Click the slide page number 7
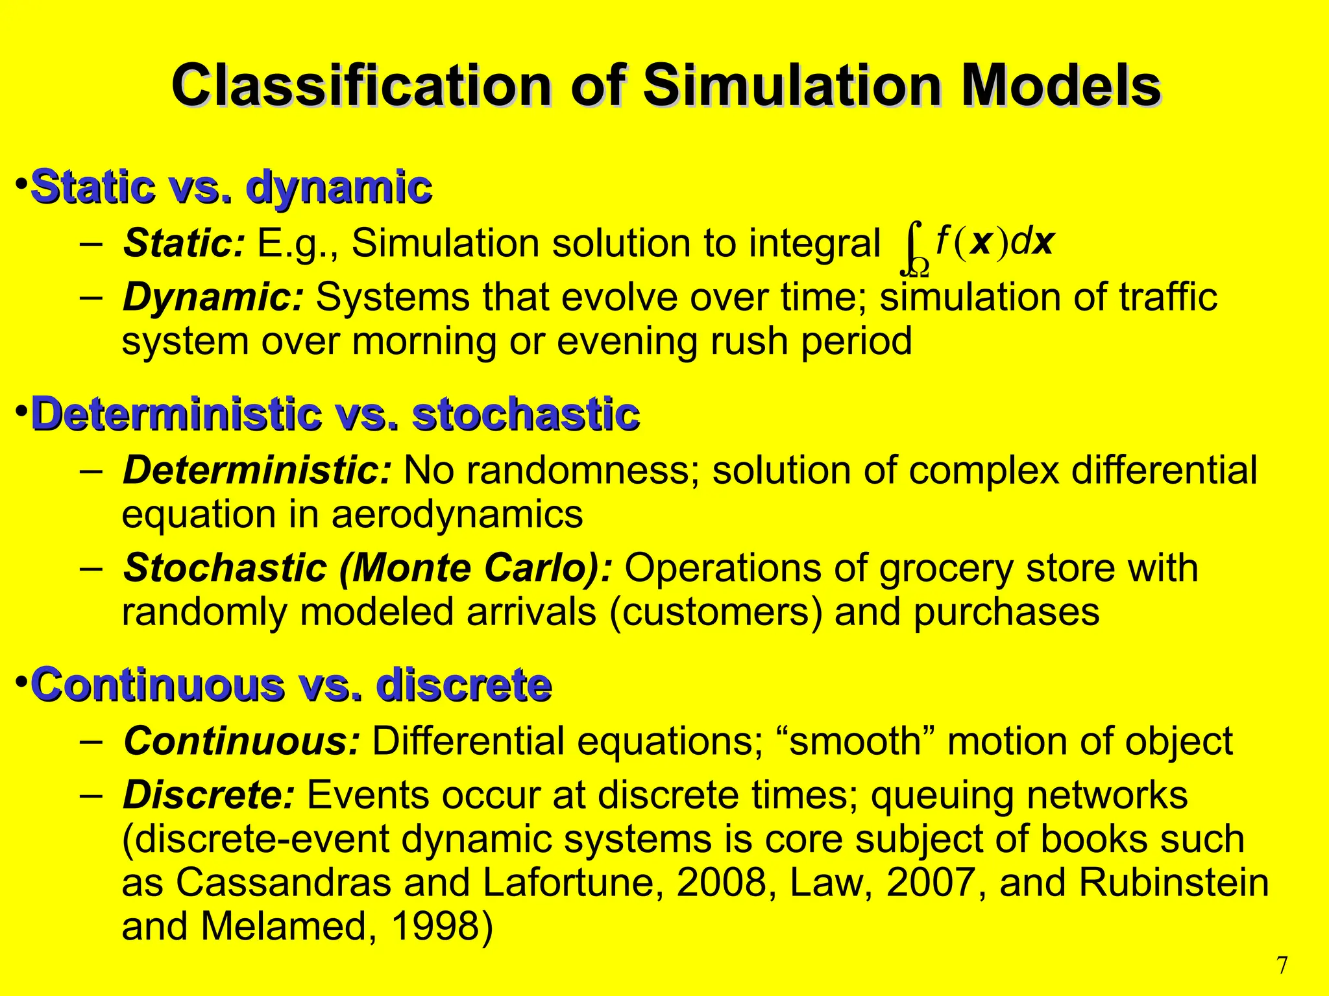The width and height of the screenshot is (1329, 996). point(1282,966)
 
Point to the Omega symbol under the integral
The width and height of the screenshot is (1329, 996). point(918,267)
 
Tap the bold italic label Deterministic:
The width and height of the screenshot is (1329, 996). point(257,470)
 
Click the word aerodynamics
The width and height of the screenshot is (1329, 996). point(457,514)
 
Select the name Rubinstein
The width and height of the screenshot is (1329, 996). point(1174,883)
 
